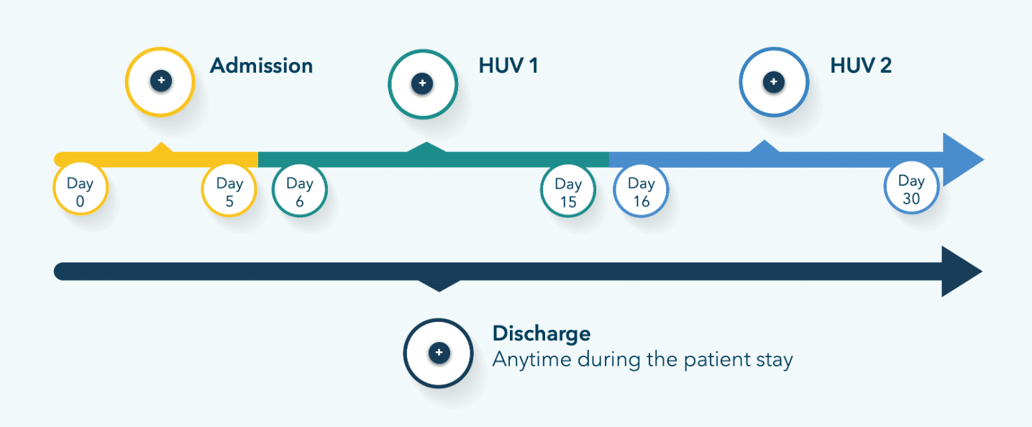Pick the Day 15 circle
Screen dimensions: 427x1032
568,192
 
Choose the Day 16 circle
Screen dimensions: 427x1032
641,192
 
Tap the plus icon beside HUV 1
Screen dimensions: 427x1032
422,84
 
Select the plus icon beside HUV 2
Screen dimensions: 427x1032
774,82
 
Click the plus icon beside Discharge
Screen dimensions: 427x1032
439,353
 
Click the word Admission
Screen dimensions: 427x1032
261,66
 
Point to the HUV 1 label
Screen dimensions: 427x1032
508,66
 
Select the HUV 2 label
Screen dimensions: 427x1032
861,66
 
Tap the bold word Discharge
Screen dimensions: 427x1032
541,334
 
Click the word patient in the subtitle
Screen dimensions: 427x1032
711,359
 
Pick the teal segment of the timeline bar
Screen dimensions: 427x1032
431,159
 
